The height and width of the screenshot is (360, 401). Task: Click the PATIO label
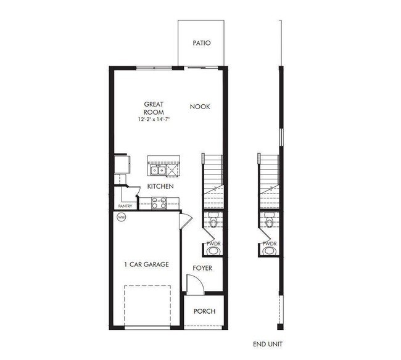coord(202,43)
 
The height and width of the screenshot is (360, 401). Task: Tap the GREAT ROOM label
coord(154,108)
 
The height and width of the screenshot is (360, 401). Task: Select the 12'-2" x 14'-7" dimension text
coord(154,119)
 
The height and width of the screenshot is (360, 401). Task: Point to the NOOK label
coord(200,107)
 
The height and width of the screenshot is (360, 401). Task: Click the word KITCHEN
coord(160,186)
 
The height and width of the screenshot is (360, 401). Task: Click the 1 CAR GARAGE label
coord(146,264)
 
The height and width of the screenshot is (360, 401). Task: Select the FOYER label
coord(202,268)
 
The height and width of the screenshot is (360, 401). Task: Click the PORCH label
coord(204,311)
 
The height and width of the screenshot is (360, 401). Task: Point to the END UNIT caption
coord(268,344)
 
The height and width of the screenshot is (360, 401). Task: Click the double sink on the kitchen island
coord(156,168)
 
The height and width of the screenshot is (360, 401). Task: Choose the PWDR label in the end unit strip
coord(270,244)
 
